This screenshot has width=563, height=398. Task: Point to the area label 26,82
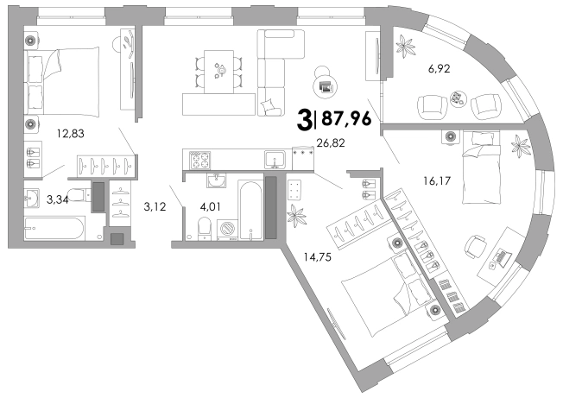[332, 144]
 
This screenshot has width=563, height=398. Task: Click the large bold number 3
[305, 118]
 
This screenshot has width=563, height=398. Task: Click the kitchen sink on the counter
[275, 158]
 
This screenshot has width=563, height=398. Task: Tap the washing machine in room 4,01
[229, 231]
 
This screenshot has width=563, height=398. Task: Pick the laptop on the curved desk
[501, 257]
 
